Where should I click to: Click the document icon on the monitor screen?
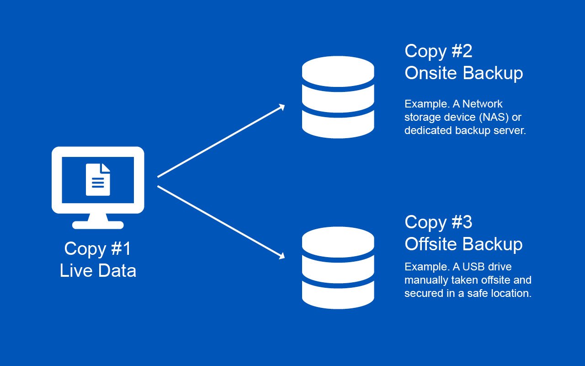tap(98, 179)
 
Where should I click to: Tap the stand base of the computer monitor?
tap(98, 225)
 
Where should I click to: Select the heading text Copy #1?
tap(98, 249)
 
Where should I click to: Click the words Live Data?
tap(98, 271)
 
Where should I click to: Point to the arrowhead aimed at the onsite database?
tap(282, 107)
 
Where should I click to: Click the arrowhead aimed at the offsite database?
tap(282, 256)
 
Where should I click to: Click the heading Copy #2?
tap(438, 51)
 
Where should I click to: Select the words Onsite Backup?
tap(463, 73)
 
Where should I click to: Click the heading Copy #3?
tap(438, 222)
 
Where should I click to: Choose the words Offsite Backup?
tap(463, 244)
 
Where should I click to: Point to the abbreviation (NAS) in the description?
tap(494, 117)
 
